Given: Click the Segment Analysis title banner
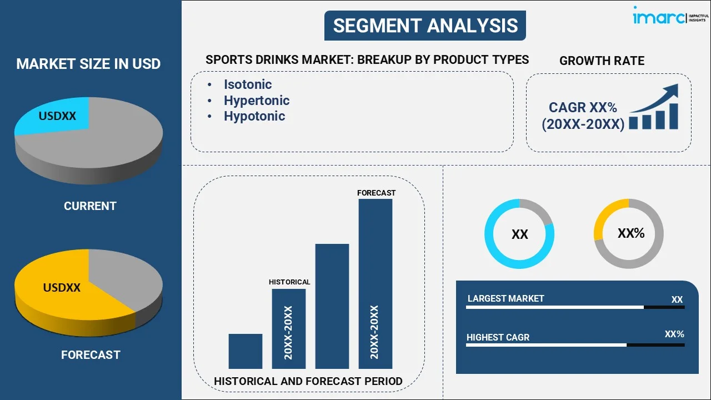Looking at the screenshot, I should tap(425, 26).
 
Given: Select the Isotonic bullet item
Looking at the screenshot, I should tap(248, 84).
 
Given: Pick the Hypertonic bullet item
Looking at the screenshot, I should tap(257, 101).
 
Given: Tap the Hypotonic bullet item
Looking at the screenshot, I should tap(254, 116).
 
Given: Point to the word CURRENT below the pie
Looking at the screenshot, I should tap(90, 206).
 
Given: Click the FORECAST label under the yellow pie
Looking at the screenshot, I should tap(91, 355).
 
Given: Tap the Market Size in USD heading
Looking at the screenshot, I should tap(88, 64).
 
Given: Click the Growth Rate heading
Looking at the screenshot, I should tap(602, 61).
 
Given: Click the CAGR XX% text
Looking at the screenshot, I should tap(583, 108).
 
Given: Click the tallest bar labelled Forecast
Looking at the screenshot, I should tap(375, 283).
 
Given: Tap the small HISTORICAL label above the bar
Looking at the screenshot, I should tap(289, 282).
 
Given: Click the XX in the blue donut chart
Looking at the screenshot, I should tap(519, 234).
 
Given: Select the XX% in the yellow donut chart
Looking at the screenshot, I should tap(631, 233).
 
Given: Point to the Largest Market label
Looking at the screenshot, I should tap(505, 299).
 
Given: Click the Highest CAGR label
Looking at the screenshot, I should tap(498, 338).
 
